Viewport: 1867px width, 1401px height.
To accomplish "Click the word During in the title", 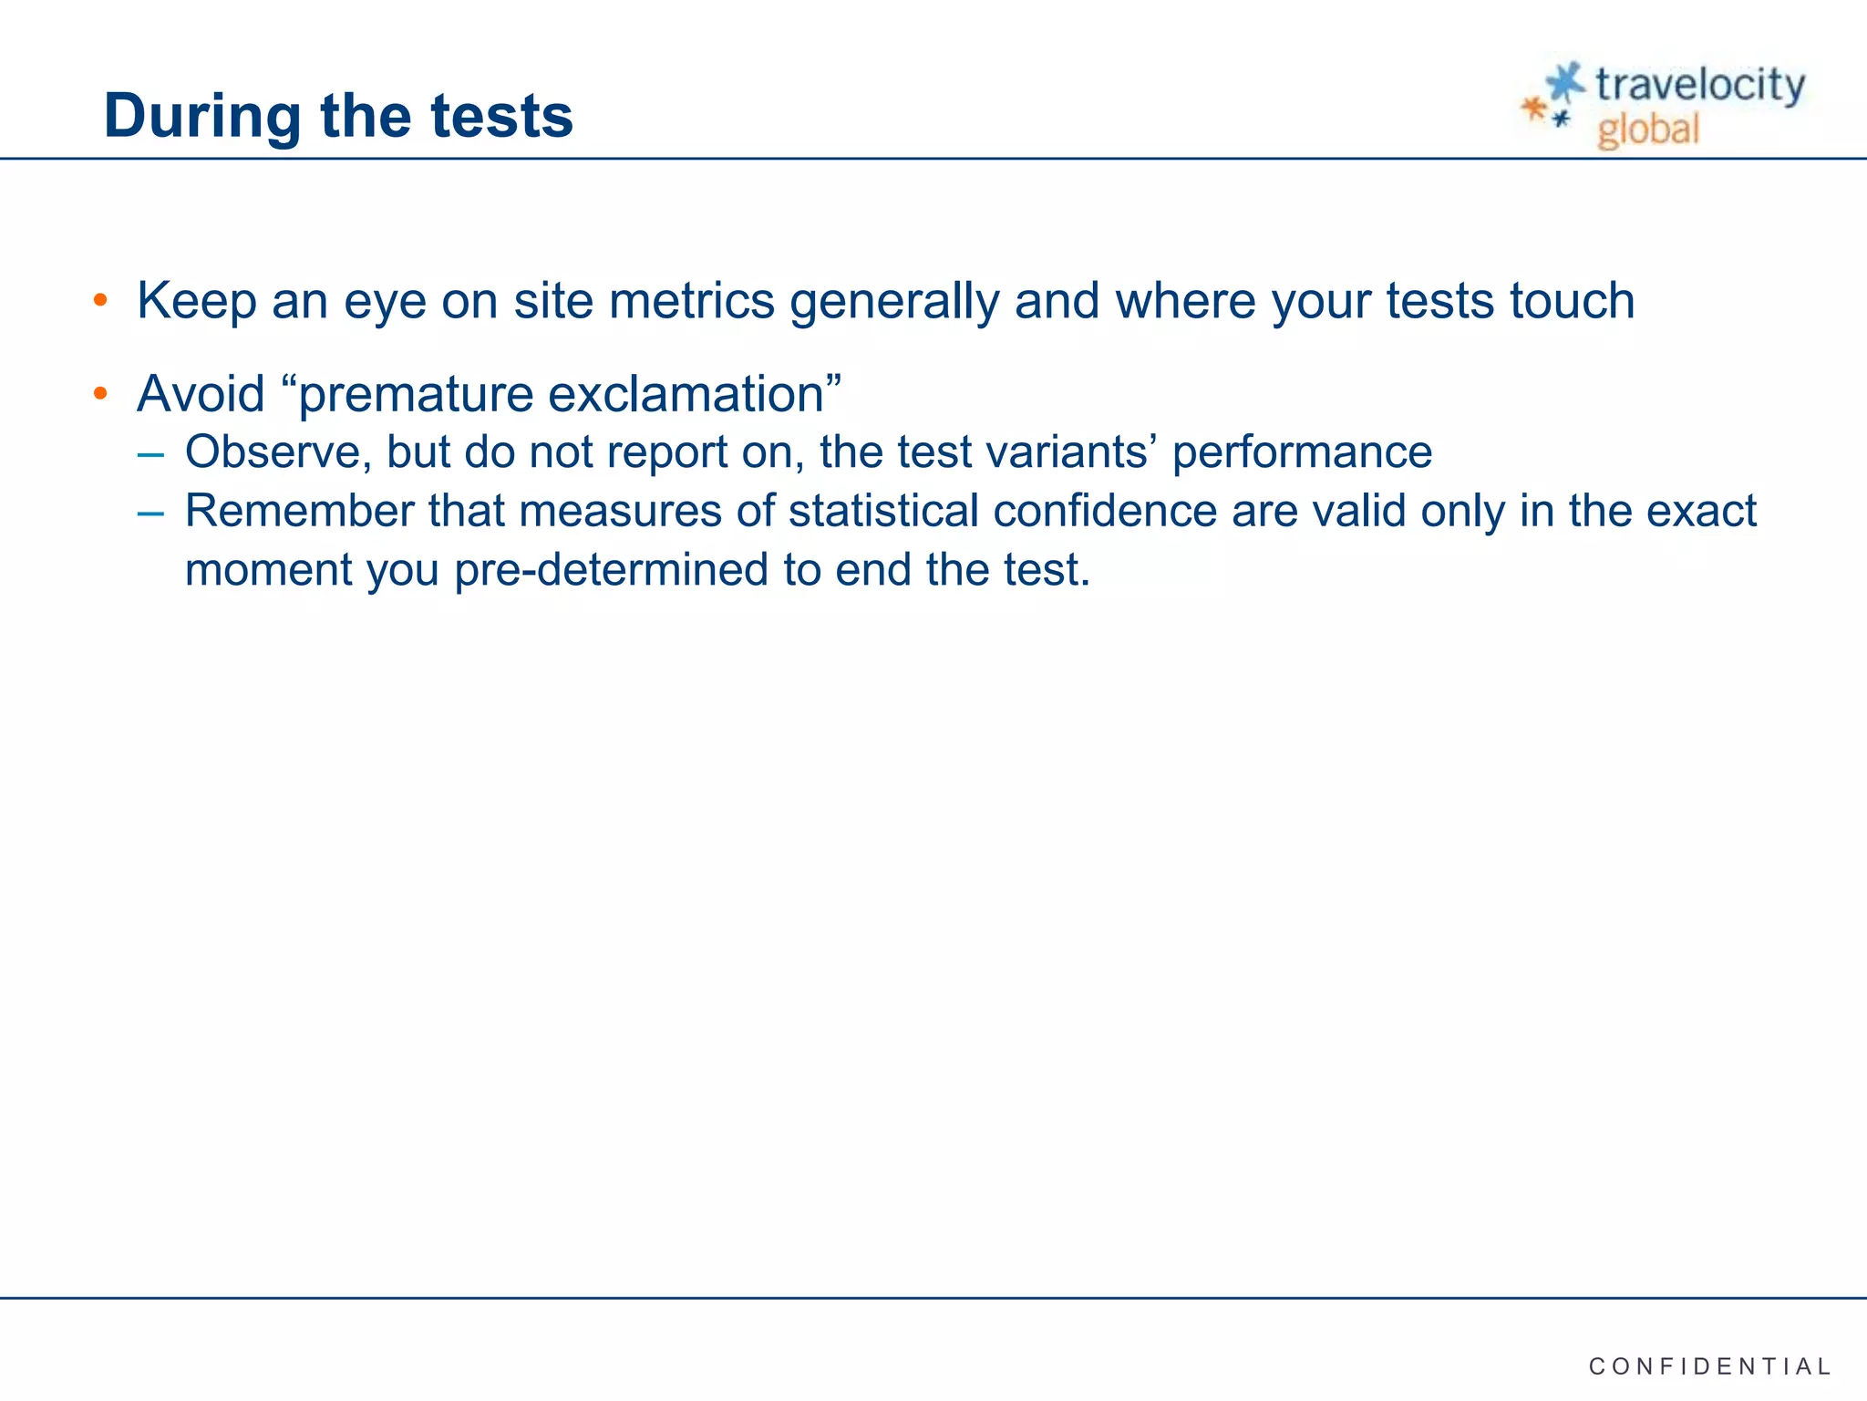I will tap(202, 116).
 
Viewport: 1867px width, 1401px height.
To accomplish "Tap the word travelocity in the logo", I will tap(1699, 86).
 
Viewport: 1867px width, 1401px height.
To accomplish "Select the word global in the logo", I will tap(1648, 130).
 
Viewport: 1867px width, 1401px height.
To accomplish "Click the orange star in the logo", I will tap(1534, 109).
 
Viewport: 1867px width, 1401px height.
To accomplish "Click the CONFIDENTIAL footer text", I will tap(1709, 1366).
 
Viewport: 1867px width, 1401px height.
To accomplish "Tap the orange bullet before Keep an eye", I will tap(100, 300).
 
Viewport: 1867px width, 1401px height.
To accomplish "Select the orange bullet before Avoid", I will tap(100, 394).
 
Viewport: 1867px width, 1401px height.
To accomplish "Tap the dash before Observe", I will tap(150, 452).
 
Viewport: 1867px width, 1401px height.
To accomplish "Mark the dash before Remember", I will tap(150, 512).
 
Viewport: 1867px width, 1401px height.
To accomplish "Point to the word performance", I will tap(1302, 452).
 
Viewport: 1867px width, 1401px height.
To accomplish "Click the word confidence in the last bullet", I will tap(1105, 511).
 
